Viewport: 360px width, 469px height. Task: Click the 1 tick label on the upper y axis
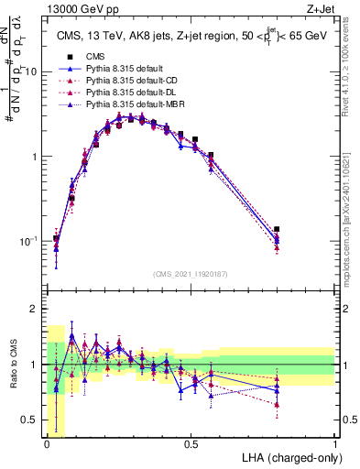(x=36, y=156)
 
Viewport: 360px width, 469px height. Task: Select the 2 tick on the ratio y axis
(x=36, y=309)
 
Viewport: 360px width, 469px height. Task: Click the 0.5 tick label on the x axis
(x=191, y=445)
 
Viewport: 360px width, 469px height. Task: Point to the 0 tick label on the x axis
(x=47, y=445)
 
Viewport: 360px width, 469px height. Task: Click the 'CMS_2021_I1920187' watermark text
(x=191, y=274)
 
